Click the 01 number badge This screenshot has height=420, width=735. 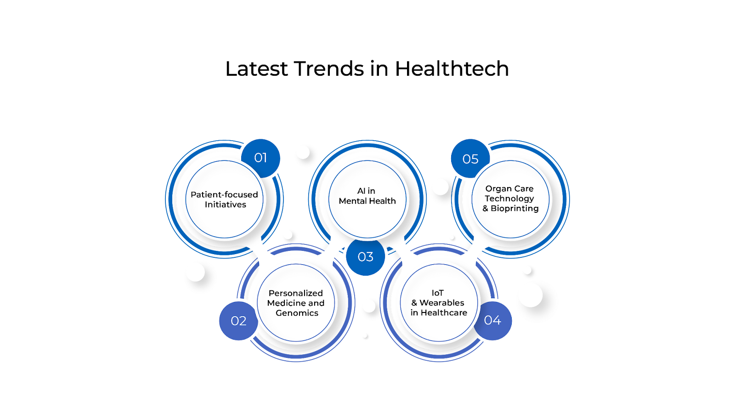point(260,158)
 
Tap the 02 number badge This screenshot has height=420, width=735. point(238,321)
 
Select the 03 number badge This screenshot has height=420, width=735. point(366,257)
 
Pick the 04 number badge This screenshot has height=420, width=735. point(492,320)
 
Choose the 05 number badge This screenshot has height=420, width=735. point(470,159)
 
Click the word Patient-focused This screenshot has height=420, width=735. point(224,194)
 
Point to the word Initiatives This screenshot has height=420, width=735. point(226,204)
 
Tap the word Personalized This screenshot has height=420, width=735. point(296,293)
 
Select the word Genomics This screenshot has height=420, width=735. point(297,313)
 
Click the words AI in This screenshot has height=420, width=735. point(366,191)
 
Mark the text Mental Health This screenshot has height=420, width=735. point(367,201)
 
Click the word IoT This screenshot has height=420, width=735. point(438,293)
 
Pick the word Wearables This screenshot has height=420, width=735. point(442,303)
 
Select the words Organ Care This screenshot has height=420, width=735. point(509,188)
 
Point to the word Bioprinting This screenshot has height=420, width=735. point(514,208)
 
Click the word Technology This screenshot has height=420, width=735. point(509,199)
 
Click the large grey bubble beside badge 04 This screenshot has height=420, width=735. point(537,301)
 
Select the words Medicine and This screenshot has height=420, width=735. point(296,303)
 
